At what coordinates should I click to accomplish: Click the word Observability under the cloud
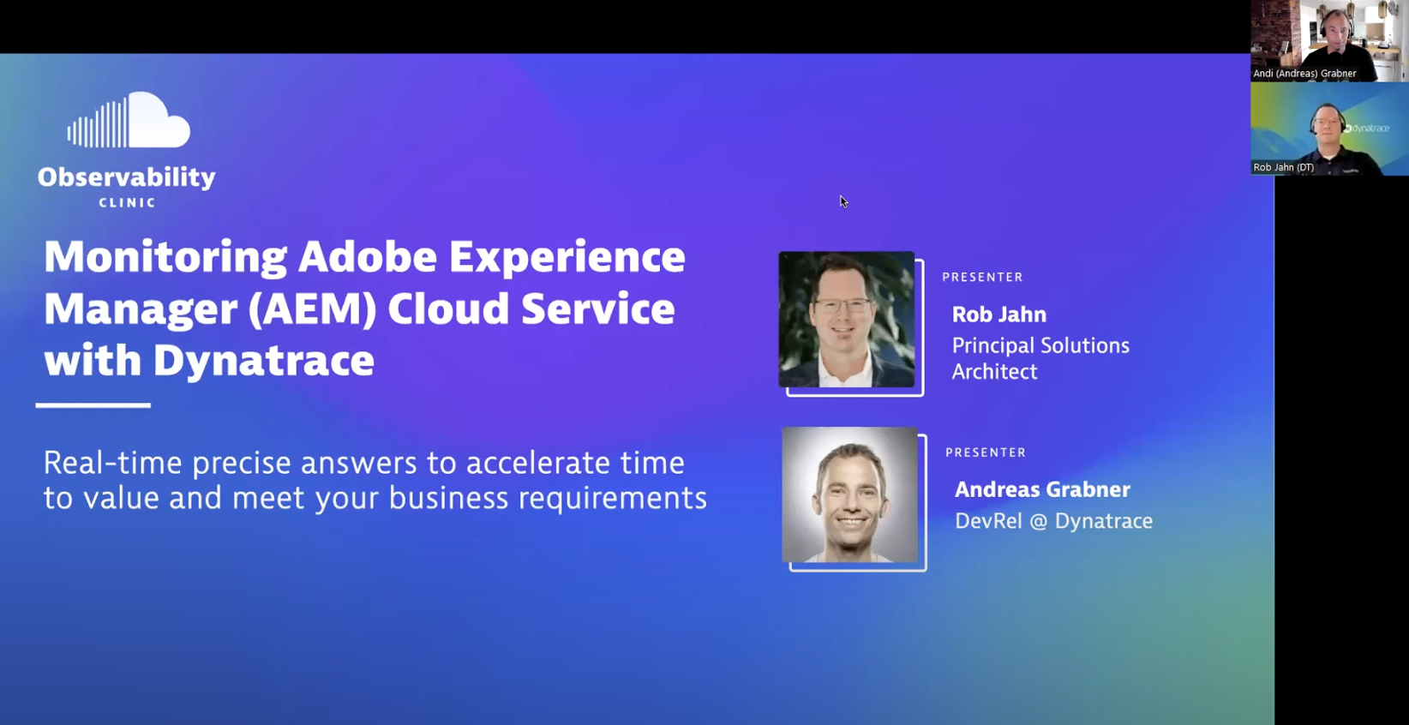(x=126, y=177)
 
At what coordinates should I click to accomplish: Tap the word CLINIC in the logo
(x=127, y=203)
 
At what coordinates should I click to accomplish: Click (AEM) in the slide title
(x=312, y=309)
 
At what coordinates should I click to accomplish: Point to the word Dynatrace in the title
(x=263, y=360)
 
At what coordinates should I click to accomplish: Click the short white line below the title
(x=93, y=405)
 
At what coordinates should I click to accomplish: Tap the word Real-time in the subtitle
(x=112, y=464)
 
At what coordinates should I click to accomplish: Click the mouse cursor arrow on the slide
(x=843, y=201)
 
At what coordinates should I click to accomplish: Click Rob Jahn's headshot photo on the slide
(x=847, y=320)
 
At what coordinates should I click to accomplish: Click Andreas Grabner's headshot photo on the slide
(x=849, y=494)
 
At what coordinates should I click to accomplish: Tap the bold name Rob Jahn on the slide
(x=998, y=315)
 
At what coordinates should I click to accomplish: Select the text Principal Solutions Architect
(x=1040, y=358)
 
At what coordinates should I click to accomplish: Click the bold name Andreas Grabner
(x=1041, y=489)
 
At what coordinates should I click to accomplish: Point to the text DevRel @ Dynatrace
(x=1052, y=521)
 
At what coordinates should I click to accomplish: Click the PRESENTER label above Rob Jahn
(x=982, y=278)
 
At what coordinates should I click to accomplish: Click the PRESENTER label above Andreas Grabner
(x=986, y=452)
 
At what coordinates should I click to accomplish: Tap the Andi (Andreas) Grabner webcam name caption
(x=1304, y=74)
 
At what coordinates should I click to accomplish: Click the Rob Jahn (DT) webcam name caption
(x=1283, y=167)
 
